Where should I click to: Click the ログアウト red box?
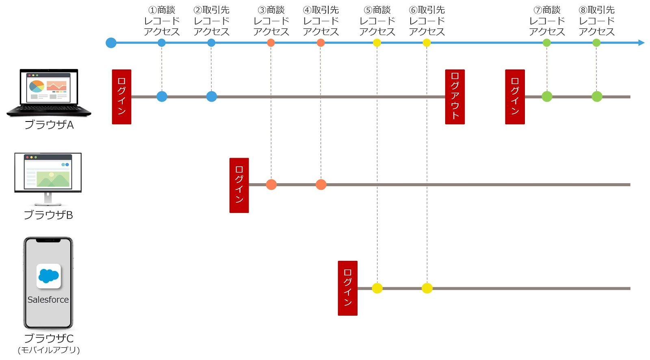pos(455,97)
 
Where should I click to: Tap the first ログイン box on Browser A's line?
pos(121,97)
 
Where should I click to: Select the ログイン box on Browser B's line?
pos(239,185)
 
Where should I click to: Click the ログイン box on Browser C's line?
pos(347,288)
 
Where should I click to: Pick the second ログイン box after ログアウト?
pos(515,97)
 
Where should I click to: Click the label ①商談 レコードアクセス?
pos(162,21)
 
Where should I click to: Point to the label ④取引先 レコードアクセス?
pos(321,21)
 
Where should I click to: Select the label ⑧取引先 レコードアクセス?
pos(596,21)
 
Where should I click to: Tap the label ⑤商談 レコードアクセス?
pos(377,21)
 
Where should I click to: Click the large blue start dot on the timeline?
pos(111,43)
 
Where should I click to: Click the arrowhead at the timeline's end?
pos(641,43)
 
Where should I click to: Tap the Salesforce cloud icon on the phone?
pos(48,276)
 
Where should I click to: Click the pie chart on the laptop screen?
pos(37,86)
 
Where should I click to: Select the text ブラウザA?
pos(49,125)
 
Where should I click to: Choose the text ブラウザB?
pos(48,215)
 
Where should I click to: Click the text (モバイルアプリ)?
pos(49,350)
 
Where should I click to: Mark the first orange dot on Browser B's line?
pos(271,184)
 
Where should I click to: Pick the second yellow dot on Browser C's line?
pos(427,288)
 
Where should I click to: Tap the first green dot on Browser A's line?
pos(547,97)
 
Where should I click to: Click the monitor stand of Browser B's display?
pos(48,198)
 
